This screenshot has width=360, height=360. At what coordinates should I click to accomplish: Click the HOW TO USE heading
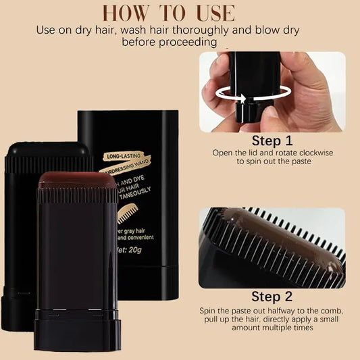180,13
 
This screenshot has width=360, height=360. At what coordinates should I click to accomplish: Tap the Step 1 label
272,141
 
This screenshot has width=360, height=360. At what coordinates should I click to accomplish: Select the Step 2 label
272,297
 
